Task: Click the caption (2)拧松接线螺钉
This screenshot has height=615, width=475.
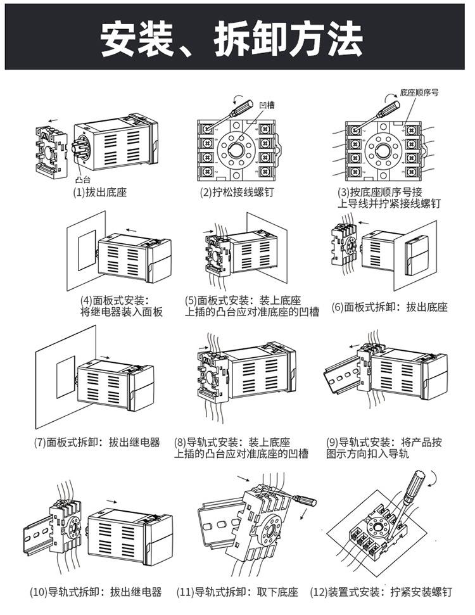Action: [x=237, y=192]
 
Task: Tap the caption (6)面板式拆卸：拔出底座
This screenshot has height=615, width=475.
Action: [x=389, y=307]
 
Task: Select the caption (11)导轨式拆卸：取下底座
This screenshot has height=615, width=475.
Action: [x=237, y=592]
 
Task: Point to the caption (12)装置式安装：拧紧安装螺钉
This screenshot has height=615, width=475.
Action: [x=381, y=592]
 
